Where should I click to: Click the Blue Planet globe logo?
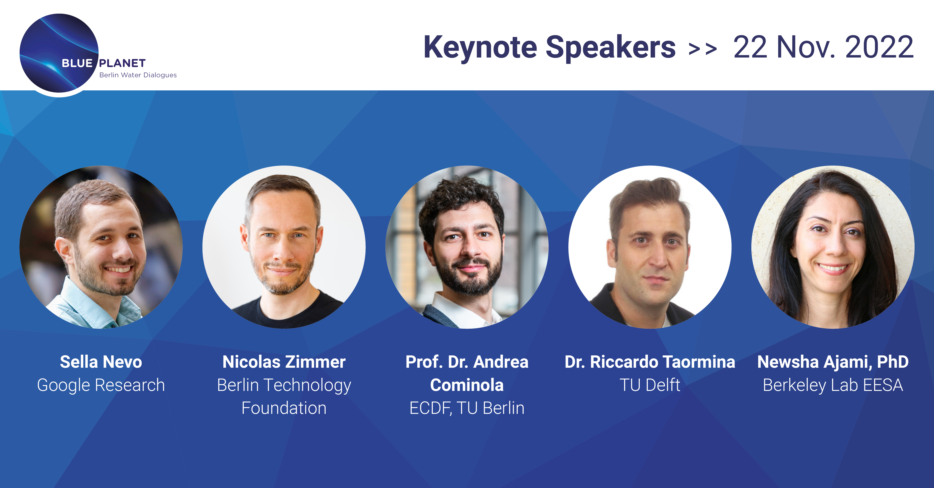click(x=59, y=53)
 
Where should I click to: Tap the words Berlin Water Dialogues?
click(x=138, y=75)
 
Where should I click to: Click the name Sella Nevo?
click(x=101, y=362)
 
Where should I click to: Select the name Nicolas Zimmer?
click(x=284, y=362)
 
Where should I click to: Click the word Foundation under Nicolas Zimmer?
click(x=284, y=408)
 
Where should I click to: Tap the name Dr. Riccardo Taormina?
click(x=650, y=362)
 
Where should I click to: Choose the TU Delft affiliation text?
click(x=650, y=385)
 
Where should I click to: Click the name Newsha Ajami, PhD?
click(x=833, y=362)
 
